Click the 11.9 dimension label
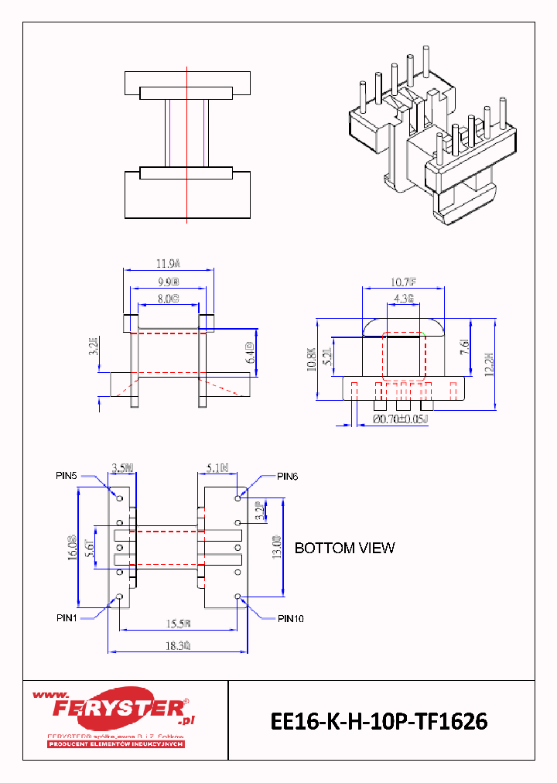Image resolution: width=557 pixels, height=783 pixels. tap(168, 262)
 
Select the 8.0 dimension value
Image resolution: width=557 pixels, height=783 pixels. tap(168, 298)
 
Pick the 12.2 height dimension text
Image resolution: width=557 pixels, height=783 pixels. tap(488, 359)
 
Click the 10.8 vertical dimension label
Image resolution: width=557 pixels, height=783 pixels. tap(311, 360)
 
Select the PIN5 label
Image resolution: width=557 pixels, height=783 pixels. tap(67, 477)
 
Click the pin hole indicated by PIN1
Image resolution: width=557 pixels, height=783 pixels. tap(119, 597)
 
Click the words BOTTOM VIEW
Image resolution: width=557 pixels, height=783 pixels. tap(344, 548)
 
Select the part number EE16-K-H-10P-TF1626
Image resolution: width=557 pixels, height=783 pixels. tap(379, 721)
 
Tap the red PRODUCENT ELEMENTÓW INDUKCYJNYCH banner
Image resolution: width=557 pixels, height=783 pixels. tap(116, 744)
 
